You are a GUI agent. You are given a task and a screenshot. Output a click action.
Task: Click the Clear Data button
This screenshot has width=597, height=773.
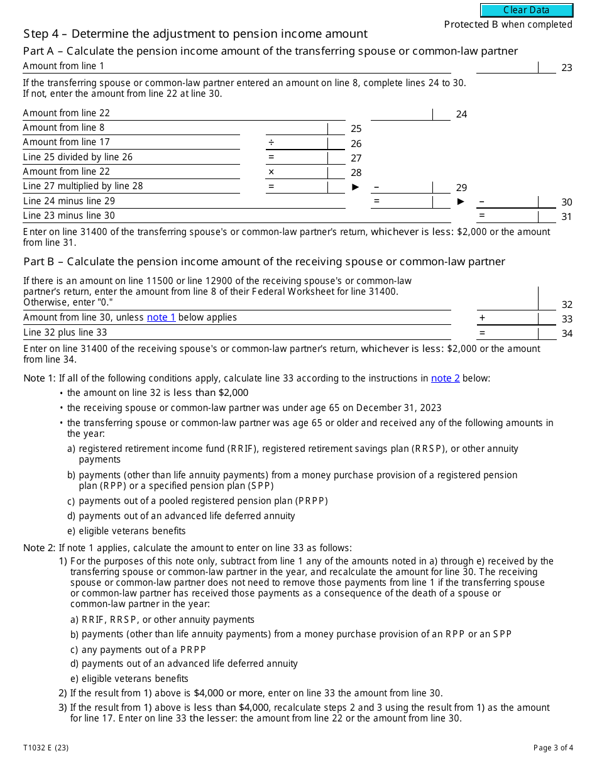pos(527,10)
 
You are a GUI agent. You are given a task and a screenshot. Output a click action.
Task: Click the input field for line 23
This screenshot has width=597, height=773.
pos(508,67)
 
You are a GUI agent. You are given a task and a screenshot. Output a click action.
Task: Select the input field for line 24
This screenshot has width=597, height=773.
pos(402,114)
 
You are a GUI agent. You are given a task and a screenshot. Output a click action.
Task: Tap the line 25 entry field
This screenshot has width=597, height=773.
pos(297,128)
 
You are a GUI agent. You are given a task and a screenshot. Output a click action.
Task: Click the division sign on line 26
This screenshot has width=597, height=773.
pos(271,143)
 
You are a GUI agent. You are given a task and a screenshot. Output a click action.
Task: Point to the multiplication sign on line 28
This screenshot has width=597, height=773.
pos(271,172)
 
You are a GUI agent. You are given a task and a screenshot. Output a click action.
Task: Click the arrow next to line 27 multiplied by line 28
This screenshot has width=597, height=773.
pos(356,187)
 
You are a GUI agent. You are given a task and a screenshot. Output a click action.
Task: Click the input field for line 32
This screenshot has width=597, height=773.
pos(508,298)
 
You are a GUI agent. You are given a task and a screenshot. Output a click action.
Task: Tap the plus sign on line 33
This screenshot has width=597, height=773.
pos(483,318)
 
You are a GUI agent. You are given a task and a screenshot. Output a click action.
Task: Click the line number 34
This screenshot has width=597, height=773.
pos(567,334)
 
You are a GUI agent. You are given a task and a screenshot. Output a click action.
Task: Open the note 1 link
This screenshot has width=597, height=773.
pos(161,317)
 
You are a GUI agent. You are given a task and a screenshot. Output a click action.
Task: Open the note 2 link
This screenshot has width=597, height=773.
pos(445,378)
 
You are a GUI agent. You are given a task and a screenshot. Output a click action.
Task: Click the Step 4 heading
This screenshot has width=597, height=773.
pos(195,34)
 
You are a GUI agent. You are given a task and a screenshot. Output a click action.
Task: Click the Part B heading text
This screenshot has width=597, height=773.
pos(264,261)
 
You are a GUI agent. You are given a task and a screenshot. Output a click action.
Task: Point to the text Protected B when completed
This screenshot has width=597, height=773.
pos(508,25)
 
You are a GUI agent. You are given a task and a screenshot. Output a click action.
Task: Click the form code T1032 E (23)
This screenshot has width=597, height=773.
pos(47,748)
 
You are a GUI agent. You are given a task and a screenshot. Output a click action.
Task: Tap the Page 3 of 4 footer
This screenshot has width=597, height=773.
pos(553,748)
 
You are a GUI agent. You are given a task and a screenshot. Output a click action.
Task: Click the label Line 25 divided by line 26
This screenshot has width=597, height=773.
pos(78,157)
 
